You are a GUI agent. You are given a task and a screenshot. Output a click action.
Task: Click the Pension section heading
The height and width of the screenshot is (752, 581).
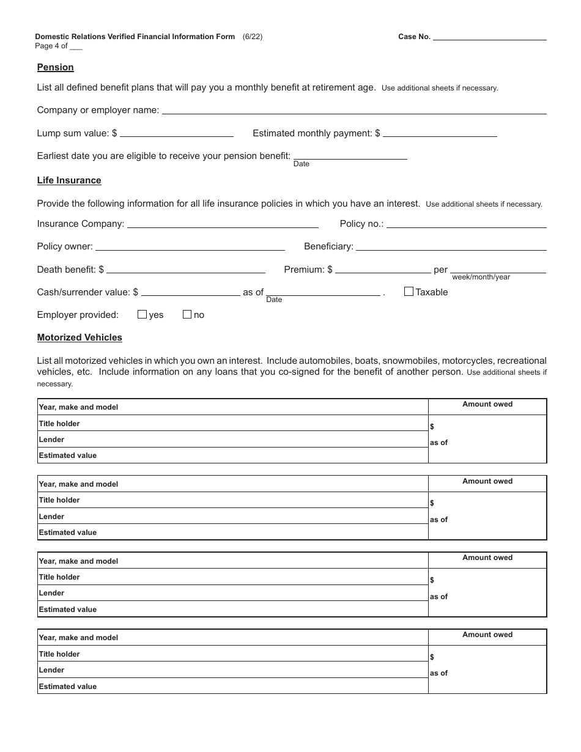[x=55, y=67]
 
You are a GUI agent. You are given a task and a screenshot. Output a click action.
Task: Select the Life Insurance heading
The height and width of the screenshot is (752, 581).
[x=69, y=180]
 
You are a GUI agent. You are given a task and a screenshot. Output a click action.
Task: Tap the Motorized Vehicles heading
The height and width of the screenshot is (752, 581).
[x=80, y=337]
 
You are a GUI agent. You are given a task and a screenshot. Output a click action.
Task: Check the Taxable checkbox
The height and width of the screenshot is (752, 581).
[x=409, y=292]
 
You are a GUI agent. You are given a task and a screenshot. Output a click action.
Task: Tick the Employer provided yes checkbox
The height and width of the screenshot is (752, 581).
[x=142, y=314]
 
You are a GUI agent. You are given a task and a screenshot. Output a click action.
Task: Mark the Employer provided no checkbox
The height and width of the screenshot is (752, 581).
[x=187, y=314]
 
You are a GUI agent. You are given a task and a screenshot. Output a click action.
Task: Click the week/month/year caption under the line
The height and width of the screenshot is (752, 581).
[x=481, y=277]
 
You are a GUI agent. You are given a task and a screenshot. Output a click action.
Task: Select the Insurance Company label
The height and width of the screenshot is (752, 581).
[x=80, y=224]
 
